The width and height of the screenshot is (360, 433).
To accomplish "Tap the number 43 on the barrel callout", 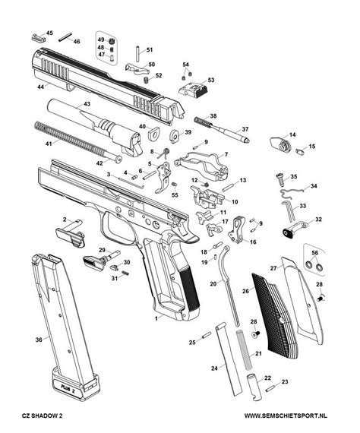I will click(x=87, y=103).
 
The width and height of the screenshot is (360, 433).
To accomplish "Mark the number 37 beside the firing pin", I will click(x=245, y=130).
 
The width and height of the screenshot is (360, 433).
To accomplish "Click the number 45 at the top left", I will click(x=50, y=33).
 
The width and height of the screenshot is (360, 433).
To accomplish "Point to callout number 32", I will click(x=318, y=220).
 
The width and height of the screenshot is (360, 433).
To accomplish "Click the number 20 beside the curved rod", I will click(x=213, y=283).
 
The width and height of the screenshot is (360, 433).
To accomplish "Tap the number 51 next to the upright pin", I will click(x=149, y=49).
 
